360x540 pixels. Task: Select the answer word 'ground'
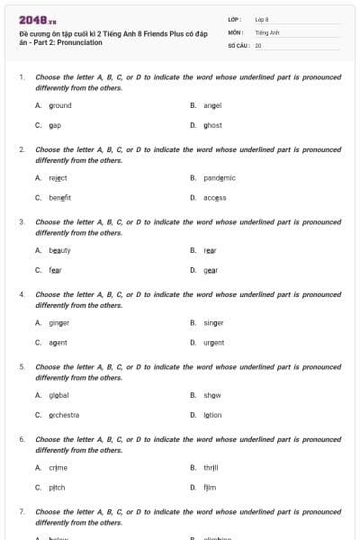[60, 105]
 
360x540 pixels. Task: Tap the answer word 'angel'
[212, 105]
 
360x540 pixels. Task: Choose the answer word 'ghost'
[212, 125]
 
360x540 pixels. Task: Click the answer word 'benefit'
[60, 197]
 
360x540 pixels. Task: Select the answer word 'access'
[215, 197]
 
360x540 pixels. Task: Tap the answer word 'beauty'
[60, 250]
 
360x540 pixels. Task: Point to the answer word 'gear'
[211, 270]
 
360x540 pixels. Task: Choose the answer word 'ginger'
[59, 322]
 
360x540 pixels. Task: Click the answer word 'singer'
[213, 322]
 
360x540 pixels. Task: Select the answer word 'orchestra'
[65, 415]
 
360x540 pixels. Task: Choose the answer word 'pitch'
[58, 487]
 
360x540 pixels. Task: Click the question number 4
[22, 294]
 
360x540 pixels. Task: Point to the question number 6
[22, 439]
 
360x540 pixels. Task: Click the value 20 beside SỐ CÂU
[258, 44]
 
